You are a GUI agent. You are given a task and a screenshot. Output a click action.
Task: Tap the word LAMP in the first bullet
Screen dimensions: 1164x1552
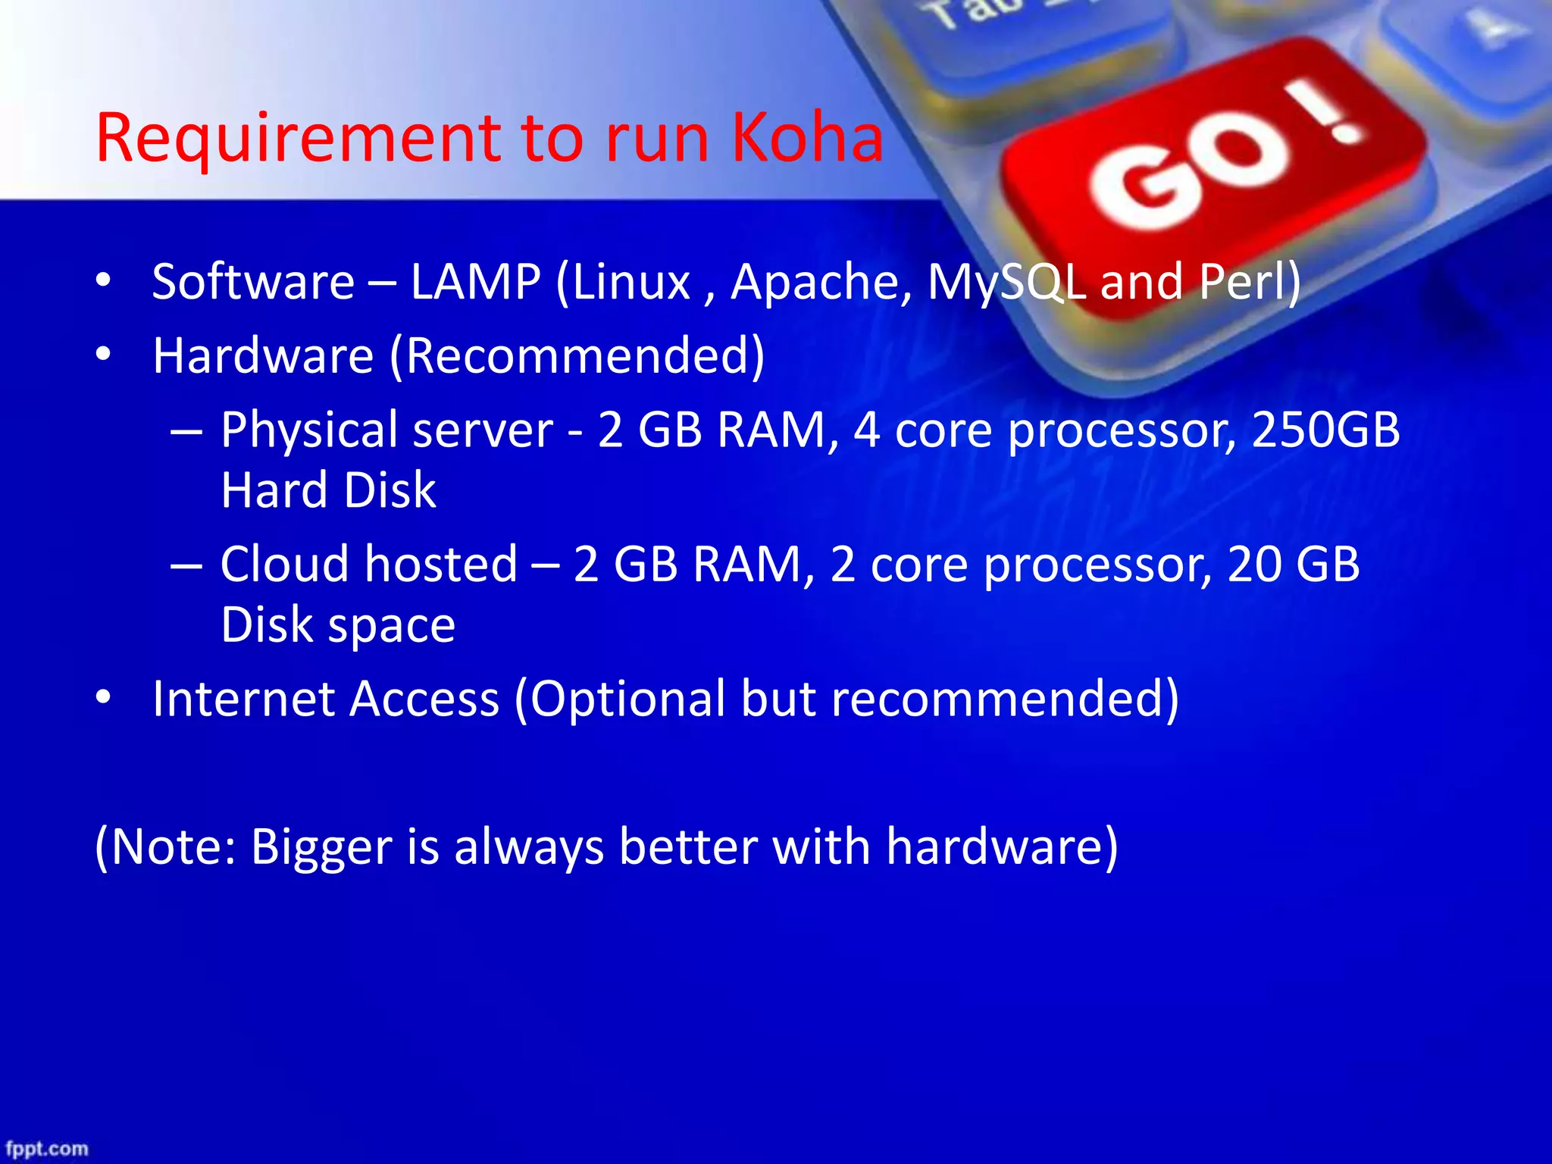coord(475,282)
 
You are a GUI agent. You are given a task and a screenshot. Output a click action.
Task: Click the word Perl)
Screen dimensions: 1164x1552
coord(1250,282)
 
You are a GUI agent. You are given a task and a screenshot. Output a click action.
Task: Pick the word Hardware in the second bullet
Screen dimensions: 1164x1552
coord(263,355)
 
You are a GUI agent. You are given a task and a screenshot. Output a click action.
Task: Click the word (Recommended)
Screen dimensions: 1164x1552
coord(577,356)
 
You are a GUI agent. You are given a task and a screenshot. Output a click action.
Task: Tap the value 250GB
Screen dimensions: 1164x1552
coord(1325,430)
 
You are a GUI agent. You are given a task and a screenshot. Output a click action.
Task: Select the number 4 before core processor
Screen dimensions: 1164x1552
coord(866,430)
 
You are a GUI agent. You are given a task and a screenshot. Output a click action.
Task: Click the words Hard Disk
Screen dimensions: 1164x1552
coord(328,490)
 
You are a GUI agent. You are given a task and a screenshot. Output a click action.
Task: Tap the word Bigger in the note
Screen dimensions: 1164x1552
coord(321,846)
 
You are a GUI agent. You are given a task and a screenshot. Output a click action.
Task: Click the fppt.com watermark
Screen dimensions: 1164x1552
coord(47,1149)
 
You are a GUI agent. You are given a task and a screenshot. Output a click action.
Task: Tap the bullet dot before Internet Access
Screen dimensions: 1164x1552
coord(104,697)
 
